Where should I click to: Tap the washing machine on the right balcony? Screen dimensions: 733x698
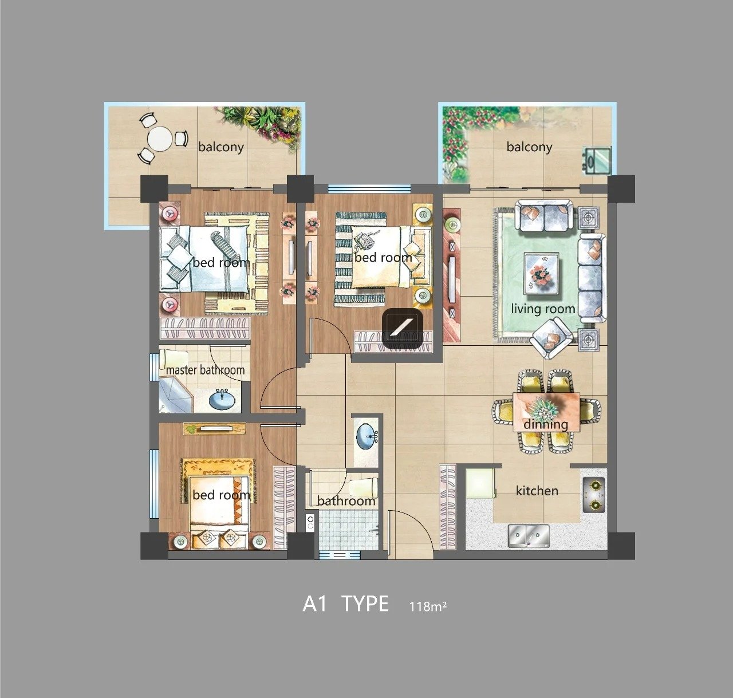(597, 160)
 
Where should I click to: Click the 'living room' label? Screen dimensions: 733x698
(543, 309)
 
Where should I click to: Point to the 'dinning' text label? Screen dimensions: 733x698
(546, 424)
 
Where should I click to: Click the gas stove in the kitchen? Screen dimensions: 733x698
(594, 495)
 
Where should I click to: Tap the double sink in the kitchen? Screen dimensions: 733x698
(529, 536)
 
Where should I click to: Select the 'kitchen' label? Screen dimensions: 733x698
(537, 491)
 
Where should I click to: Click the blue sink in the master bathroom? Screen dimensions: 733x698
(222, 399)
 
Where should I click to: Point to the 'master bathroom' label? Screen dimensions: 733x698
(206, 370)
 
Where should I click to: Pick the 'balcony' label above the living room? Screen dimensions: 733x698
(529, 147)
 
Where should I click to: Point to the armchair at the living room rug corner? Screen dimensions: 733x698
(551, 338)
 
